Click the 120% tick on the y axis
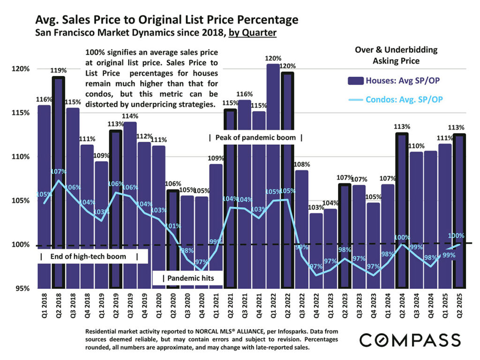click(21, 69)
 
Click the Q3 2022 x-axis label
click(302, 307)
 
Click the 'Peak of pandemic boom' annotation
click(255, 138)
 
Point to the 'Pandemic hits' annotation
click(188, 278)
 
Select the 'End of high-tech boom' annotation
click(89, 256)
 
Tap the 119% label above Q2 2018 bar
click(59, 70)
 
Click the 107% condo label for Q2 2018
click(59, 172)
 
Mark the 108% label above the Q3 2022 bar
click(302, 165)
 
